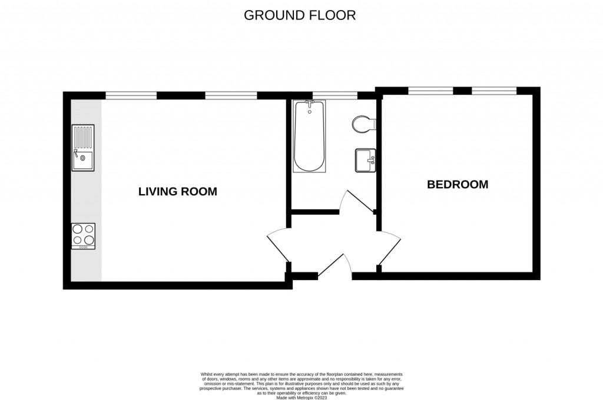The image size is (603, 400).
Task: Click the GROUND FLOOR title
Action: [x=300, y=15]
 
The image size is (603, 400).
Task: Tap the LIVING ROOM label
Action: [x=178, y=191]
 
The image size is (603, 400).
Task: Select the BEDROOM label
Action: [x=458, y=185]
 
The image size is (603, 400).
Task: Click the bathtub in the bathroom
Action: [x=309, y=136]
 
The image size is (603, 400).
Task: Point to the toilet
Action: [x=363, y=124]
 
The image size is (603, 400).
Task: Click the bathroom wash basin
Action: [x=365, y=160]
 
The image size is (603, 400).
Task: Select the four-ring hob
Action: [x=83, y=236]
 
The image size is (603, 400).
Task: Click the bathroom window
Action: [x=334, y=95]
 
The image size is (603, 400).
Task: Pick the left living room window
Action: [x=131, y=95]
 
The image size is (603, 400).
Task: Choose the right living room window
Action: [x=231, y=95]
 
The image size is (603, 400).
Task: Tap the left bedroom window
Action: [x=430, y=91]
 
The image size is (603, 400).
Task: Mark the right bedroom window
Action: [x=494, y=91]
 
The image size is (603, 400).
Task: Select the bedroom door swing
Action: [x=390, y=248]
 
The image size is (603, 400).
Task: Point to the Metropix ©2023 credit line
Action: [x=301, y=398]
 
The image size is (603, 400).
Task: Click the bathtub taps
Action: [x=310, y=103]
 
